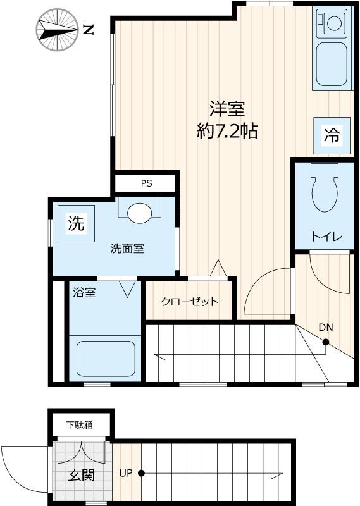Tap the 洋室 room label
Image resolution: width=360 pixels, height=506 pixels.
click(x=227, y=109)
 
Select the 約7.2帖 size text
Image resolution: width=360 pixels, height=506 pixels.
click(x=227, y=132)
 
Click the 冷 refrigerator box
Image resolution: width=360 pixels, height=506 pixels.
click(x=332, y=135)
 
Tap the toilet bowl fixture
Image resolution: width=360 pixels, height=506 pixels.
click(x=324, y=188)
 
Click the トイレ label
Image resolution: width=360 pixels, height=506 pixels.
click(x=326, y=237)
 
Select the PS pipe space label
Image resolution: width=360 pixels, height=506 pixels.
click(x=146, y=184)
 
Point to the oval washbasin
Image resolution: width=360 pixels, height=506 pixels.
click(x=140, y=212)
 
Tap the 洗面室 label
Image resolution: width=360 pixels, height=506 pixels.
click(x=127, y=249)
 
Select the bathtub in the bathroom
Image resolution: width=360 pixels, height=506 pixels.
click(x=104, y=359)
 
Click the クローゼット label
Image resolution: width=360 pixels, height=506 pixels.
click(x=190, y=301)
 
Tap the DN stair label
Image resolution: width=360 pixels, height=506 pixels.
click(x=326, y=327)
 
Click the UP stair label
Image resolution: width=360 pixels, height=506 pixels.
click(x=127, y=473)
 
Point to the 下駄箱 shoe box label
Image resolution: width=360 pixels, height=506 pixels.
click(x=80, y=424)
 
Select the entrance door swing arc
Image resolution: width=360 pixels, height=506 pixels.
click(x=19, y=468)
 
